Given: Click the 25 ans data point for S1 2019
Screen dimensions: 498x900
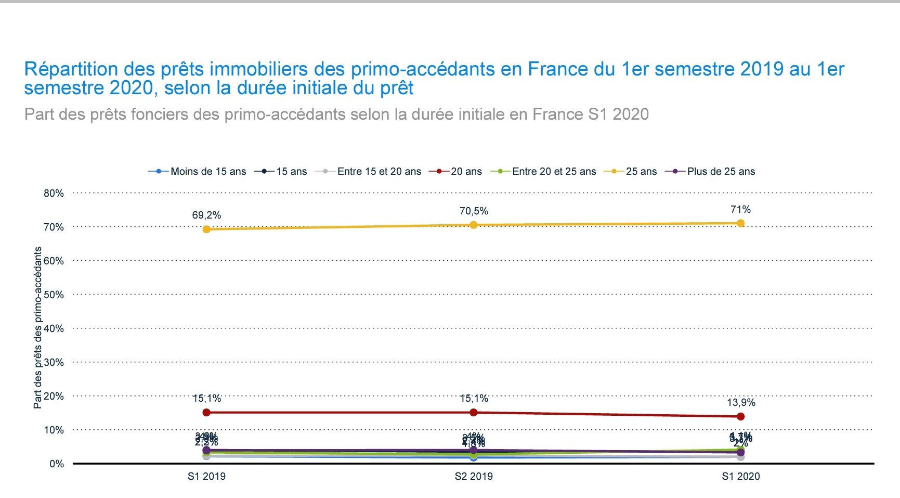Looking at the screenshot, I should (206, 229).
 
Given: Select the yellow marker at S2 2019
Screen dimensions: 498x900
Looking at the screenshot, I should (474, 225).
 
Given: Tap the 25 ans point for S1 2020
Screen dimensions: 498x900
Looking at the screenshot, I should (740, 223).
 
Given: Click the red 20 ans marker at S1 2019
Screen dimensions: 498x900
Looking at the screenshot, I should (206, 413).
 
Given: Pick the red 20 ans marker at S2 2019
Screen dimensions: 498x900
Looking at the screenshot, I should (474, 413).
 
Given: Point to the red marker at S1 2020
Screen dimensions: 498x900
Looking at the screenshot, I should (740, 416).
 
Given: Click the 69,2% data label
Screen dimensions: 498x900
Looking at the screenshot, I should (206, 215).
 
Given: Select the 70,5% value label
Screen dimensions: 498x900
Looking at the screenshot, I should (474, 211).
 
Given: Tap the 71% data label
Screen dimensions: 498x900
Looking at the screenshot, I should (740, 209).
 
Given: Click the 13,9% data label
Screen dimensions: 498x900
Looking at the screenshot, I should (740, 402).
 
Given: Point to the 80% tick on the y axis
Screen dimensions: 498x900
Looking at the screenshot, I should (54, 193).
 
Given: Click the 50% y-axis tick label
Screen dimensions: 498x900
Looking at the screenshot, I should (54, 295).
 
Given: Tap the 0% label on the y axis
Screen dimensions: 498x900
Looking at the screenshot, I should (56, 464).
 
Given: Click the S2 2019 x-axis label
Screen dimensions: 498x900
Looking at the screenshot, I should (474, 476).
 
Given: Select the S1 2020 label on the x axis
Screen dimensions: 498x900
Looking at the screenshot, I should (740, 476).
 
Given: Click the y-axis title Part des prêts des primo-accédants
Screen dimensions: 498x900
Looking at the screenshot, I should (38, 328).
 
